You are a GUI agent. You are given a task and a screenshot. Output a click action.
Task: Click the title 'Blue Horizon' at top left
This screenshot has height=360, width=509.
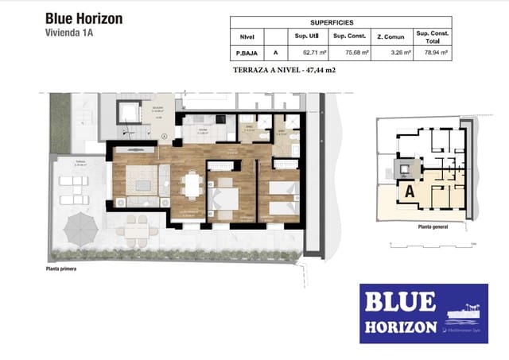[84, 18]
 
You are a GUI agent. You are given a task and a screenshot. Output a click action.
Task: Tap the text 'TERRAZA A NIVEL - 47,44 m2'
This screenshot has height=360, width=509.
[283, 70]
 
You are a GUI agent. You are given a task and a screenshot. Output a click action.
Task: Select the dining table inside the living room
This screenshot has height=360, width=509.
[191, 185]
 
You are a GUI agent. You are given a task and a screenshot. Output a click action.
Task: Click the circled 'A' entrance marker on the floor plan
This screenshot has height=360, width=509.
[163, 137]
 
